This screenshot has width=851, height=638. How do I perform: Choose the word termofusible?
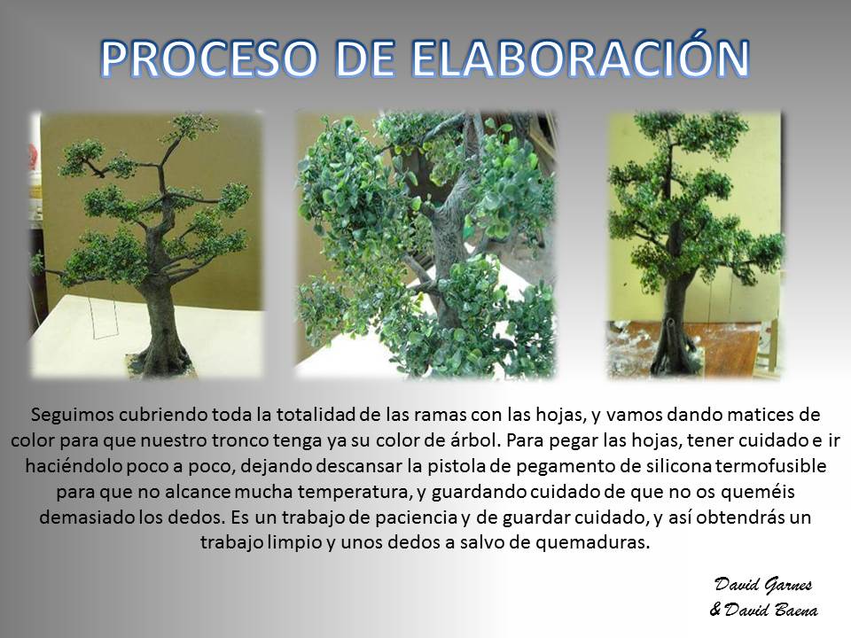tap(771, 465)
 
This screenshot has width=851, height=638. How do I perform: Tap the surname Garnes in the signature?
tap(787, 585)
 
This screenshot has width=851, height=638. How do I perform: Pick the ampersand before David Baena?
tap(716, 611)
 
